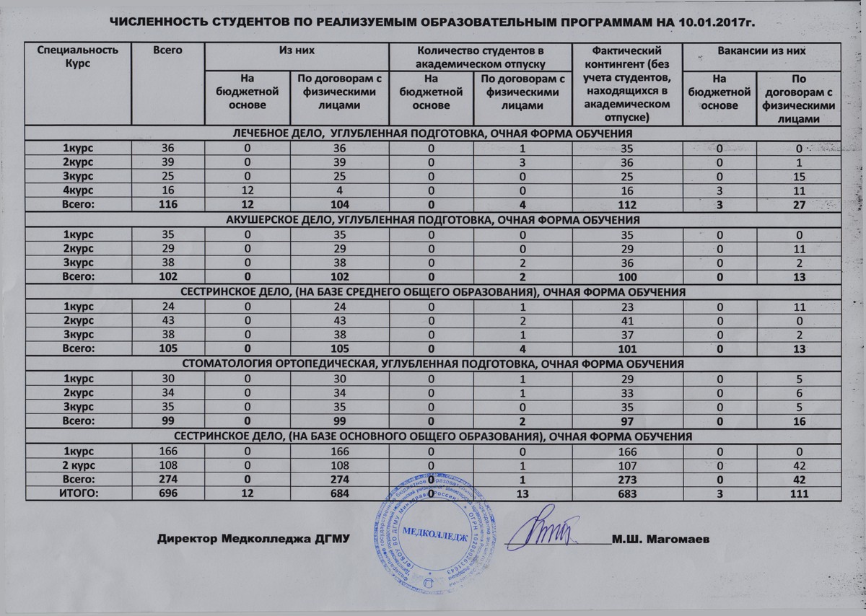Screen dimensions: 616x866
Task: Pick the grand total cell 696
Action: click(x=167, y=493)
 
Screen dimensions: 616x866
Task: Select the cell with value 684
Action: click(x=339, y=493)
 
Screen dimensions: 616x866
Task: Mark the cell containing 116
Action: click(x=167, y=206)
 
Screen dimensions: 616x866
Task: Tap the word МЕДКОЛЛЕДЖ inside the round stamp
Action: click(x=432, y=533)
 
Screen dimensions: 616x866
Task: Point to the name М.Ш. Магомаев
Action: click(x=660, y=540)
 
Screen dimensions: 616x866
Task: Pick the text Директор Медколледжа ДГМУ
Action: click(x=248, y=540)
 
